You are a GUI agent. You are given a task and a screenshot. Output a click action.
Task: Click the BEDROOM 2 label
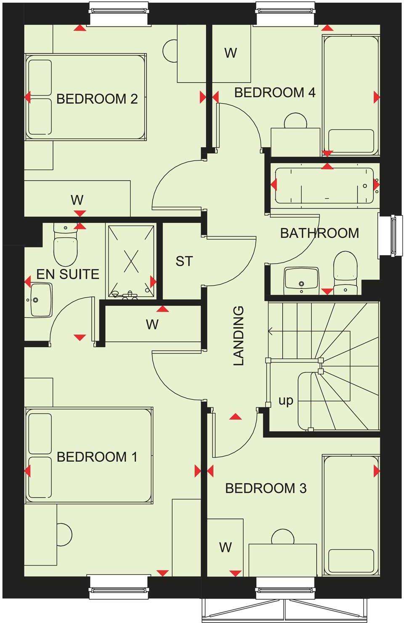point(97,99)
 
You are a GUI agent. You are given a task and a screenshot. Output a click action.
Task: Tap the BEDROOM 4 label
point(274,93)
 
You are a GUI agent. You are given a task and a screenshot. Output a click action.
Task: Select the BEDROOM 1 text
point(97,457)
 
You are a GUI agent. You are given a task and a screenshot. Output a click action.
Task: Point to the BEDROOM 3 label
point(266,488)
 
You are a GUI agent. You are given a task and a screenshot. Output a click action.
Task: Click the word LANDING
point(239,335)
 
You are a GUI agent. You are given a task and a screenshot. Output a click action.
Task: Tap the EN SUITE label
point(68,274)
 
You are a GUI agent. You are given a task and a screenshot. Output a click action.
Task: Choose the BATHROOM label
point(319,233)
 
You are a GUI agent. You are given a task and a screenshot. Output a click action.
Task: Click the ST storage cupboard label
point(184,261)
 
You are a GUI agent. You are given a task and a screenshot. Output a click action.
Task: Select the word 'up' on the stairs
point(286,400)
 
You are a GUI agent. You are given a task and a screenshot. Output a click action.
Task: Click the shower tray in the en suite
point(131,261)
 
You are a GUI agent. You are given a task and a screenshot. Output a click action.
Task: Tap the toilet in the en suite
point(66,246)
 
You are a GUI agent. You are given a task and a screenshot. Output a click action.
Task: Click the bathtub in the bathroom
point(324,186)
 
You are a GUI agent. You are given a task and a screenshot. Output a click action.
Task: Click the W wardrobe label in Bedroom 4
point(231,53)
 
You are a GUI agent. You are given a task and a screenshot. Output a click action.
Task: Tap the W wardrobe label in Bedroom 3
point(226,547)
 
